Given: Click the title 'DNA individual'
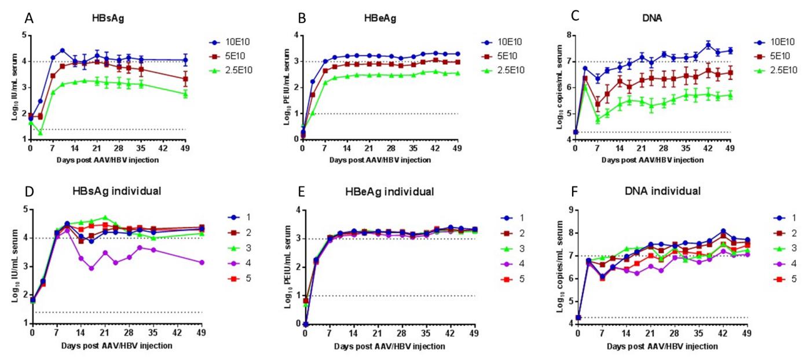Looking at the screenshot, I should point(655,190).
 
